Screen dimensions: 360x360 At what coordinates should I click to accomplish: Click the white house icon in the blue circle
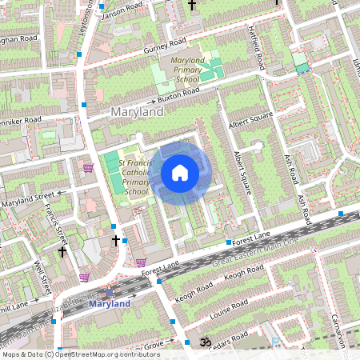[x=180, y=173]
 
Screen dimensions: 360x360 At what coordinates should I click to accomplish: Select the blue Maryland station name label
[x=109, y=305]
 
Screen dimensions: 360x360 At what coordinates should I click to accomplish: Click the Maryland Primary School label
[x=182, y=70]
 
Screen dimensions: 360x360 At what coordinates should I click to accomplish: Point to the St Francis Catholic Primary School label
[x=135, y=178]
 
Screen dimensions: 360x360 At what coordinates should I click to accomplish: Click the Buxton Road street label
[x=178, y=97]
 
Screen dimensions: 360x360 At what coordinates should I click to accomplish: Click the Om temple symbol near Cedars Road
[x=203, y=341]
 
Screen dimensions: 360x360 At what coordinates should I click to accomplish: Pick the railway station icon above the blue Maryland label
[x=109, y=293]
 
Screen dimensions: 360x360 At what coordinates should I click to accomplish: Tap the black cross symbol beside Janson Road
[x=191, y=6]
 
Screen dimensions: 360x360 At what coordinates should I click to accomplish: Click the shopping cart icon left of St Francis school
[x=88, y=168]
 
